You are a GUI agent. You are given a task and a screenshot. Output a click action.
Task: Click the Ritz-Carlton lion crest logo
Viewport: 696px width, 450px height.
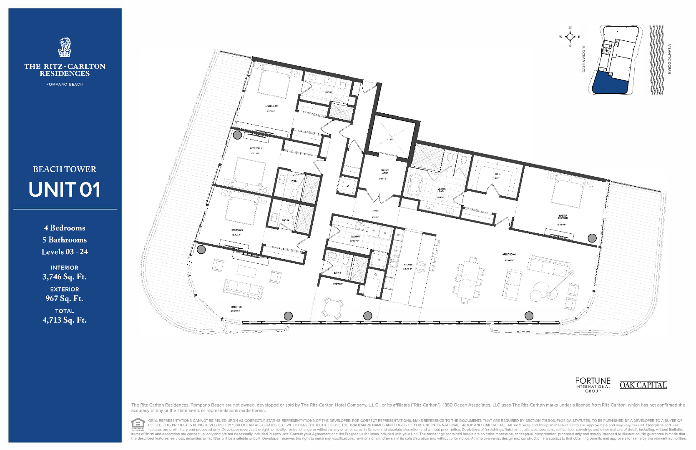click(x=65, y=47)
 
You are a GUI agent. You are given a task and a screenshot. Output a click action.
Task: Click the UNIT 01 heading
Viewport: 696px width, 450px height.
click(x=65, y=190)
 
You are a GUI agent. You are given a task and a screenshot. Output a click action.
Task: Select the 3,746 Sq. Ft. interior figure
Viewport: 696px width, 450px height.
click(x=65, y=277)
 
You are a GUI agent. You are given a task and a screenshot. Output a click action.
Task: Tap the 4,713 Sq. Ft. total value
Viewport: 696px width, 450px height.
click(x=65, y=320)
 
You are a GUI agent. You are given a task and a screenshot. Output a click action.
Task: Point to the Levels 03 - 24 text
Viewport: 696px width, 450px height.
click(x=65, y=252)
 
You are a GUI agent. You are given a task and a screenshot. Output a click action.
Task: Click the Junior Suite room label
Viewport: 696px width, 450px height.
click(x=271, y=106)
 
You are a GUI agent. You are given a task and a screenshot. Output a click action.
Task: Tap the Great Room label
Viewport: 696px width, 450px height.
click(x=509, y=254)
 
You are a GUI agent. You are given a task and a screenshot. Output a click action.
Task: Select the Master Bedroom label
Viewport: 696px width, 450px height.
click(x=563, y=217)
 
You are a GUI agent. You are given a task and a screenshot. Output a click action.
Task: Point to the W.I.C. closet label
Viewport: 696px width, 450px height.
click(x=497, y=174)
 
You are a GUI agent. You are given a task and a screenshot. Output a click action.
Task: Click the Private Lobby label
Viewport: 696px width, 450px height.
click(x=384, y=171)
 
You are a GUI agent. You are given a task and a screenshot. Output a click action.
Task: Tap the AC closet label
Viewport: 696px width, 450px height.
click(x=348, y=186)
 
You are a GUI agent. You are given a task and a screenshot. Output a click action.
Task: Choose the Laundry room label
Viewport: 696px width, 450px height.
click(x=355, y=237)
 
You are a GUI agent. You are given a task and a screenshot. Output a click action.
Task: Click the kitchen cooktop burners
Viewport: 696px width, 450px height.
click(x=420, y=267)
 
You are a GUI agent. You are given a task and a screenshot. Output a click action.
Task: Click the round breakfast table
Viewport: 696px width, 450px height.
click(x=332, y=308)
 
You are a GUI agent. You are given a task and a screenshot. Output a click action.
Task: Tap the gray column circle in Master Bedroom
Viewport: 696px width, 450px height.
click(x=592, y=238)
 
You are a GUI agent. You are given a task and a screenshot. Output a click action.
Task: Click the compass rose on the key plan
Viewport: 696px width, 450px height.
click(x=570, y=37)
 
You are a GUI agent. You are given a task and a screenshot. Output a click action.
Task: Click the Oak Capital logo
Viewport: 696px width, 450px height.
click(x=643, y=385)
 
